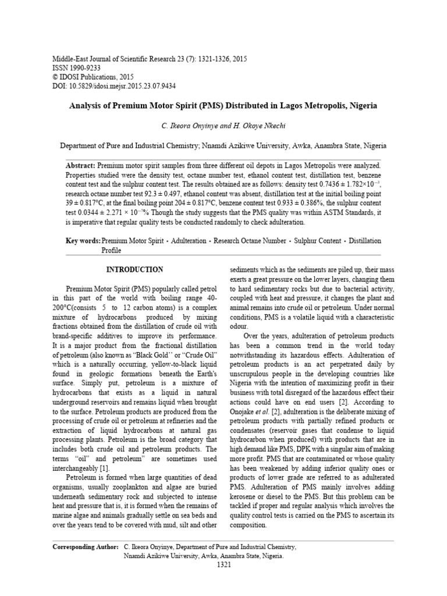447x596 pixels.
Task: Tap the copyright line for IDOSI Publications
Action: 93,77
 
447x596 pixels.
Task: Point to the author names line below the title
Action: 223,126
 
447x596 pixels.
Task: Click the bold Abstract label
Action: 81,166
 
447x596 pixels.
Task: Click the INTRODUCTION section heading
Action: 134,270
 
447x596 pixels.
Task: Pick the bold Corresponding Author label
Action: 86,547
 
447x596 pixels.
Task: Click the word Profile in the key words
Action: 112,250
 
